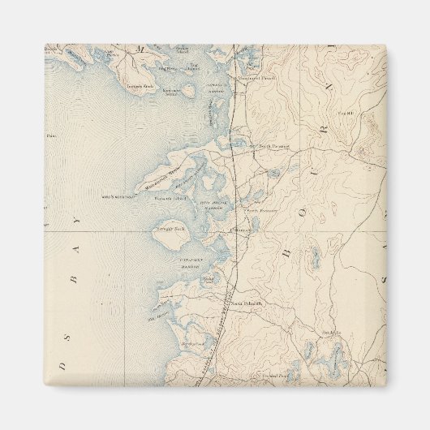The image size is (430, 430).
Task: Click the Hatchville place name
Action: (329, 333)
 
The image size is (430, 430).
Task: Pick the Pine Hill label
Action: (347, 113)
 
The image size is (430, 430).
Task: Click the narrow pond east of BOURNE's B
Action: (312, 258)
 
